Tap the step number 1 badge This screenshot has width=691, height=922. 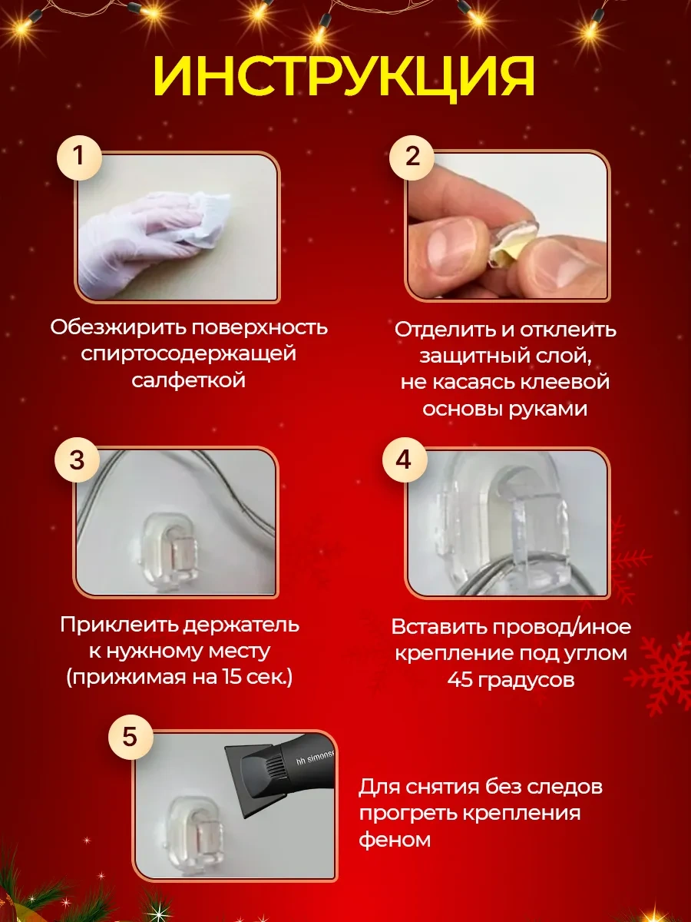(x=77, y=157)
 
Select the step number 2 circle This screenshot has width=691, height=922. (x=412, y=157)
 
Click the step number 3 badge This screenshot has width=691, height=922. (x=77, y=461)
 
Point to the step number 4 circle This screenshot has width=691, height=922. (x=402, y=461)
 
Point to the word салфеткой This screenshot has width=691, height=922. (x=188, y=380)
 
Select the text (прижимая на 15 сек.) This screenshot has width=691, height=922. (x=180, y=678)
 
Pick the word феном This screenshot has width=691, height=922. (x=395, y=839)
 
